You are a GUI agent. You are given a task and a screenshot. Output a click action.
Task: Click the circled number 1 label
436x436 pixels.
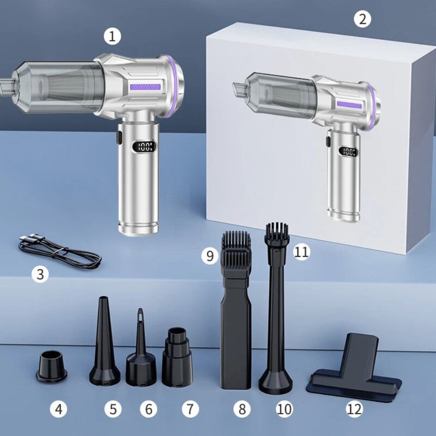point(112,37)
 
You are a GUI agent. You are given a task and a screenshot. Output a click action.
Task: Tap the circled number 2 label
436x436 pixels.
point(362,20)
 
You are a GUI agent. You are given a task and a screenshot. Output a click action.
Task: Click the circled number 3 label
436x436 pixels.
point(39,274)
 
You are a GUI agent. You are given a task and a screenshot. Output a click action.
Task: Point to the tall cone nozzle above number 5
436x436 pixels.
point(104,343)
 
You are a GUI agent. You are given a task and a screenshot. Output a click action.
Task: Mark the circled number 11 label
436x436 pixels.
point(301,251)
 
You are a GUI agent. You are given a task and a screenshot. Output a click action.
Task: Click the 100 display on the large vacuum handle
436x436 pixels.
point(144,146)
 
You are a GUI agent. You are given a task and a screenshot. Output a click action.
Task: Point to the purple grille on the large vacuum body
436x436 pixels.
point(145,86)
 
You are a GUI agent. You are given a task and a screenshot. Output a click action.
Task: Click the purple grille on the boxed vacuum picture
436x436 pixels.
point(348,104)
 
